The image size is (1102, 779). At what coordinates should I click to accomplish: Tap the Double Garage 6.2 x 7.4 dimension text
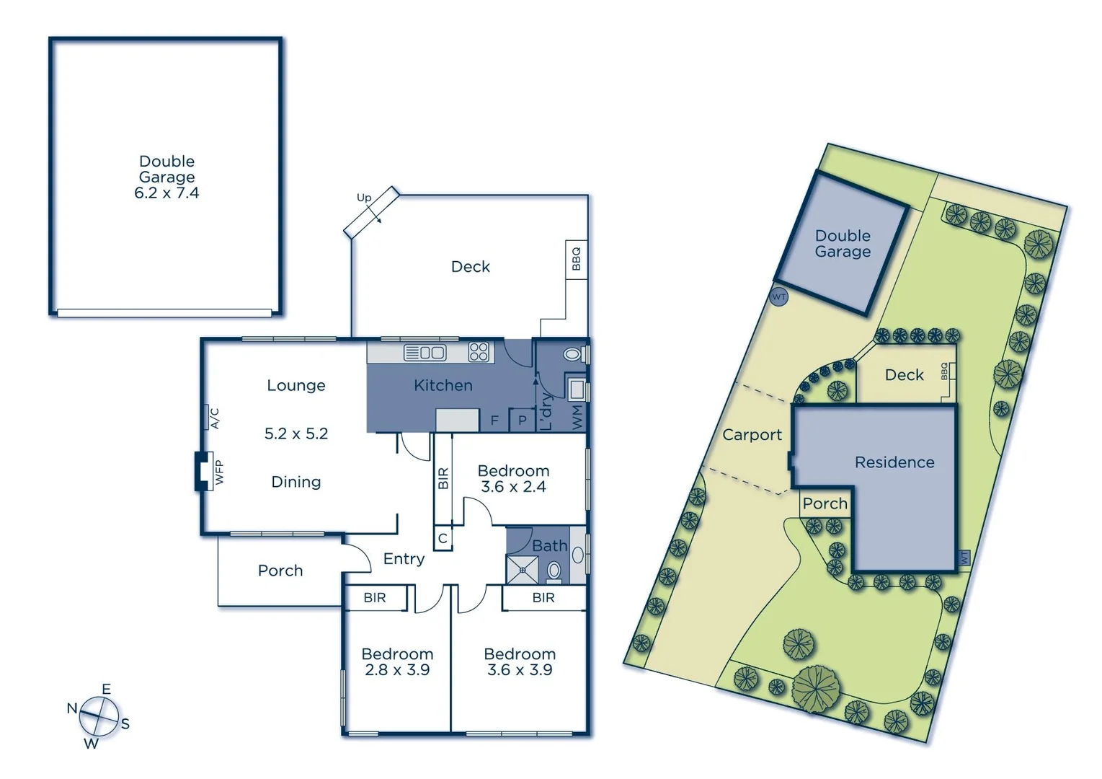pos(166,193)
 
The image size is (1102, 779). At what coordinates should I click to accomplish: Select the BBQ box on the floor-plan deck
pos(576,259)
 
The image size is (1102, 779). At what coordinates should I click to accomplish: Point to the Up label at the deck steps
pos(364,198)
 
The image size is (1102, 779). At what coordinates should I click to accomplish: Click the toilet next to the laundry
pos(573,355)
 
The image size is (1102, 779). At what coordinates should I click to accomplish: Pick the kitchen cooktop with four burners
pos(479,352)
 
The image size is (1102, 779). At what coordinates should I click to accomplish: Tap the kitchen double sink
pos(425,353)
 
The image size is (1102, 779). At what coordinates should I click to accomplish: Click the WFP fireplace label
pos(219,472)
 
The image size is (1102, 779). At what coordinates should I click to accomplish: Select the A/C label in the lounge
pos(214,418)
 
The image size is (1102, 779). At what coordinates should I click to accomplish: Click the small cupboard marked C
pos(443,538)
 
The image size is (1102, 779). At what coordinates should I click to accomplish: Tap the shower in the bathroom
pos(521,569)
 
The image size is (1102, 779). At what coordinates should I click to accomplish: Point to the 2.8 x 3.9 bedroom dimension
pos(397,670)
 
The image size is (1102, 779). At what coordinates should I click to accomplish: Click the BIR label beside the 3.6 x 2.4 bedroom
pos(443,478)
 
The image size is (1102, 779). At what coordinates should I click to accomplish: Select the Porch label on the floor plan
pos(280,571)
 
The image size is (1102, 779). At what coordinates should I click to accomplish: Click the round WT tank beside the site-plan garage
pos(778,296)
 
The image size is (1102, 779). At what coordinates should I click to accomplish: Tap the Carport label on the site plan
pos(752,434)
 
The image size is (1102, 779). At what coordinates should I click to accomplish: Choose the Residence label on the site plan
pos(894,462)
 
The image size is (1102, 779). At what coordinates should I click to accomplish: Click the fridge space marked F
pos(494,420)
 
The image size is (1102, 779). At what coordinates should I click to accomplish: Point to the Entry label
pos(404,559)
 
